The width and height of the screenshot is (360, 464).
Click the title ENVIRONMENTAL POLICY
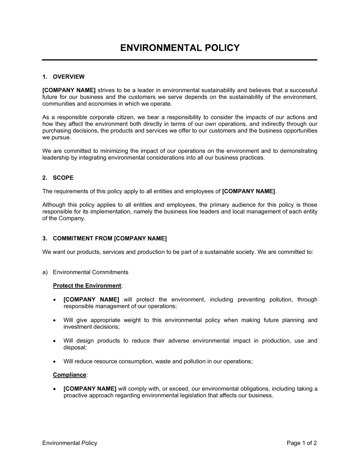tap(180, 48)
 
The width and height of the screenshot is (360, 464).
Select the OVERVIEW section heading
tap(68, 77)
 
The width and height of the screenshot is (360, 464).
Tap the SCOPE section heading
tap(63, 178)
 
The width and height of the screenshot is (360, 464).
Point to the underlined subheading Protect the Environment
tap(87, 286)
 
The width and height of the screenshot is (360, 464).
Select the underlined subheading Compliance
tap(69, 375)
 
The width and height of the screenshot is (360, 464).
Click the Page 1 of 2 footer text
tap(302, 443)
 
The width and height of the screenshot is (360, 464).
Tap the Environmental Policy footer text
tap(70, 443)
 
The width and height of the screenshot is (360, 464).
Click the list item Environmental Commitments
tap(90, 272)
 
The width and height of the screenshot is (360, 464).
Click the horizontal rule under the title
tap(180, 60)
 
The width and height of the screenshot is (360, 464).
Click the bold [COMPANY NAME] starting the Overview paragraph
tap(69, 90)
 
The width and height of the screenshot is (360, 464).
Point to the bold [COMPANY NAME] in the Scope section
tap(248, 191)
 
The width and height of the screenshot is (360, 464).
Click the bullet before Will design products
tap(54, 341)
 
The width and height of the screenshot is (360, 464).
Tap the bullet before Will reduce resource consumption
tap(54, 361)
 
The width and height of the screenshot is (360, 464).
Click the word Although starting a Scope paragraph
tap(54, 205)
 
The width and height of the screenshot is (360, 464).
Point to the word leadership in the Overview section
tap(54, 158)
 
